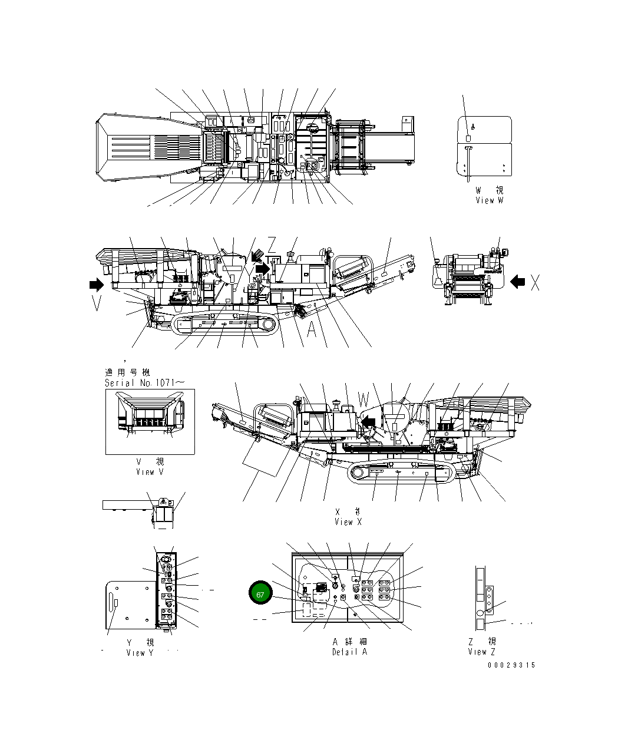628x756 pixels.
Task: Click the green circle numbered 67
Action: [260, 594]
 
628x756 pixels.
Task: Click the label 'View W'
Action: [490, 200]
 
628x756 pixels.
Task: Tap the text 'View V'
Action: [150, 471]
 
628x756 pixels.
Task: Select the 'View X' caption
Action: [348, 521]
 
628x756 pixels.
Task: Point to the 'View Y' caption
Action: [140, 652]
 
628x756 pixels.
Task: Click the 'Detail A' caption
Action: [349, 652]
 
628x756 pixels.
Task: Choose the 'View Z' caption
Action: [482, 652]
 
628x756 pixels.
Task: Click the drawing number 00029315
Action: [511, 665]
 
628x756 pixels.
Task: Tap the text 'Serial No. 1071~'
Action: [144, 382]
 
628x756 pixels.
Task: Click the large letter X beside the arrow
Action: [535, 283]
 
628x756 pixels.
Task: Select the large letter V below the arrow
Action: [97, 303]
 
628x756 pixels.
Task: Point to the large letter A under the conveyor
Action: [312, 330]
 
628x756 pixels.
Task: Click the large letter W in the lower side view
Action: [363, 400]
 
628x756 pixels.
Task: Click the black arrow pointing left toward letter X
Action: [517, 282]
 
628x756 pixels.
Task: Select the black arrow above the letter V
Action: [95, 285]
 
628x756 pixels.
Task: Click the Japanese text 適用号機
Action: [127, 372]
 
